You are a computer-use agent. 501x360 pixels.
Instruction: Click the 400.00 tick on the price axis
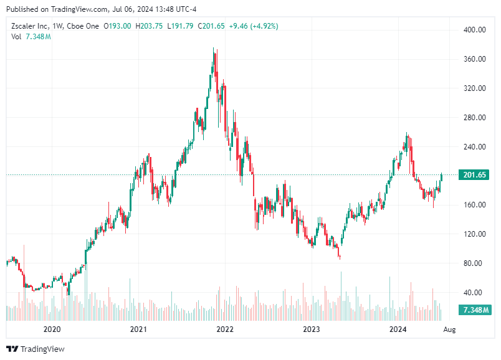click(x=474, y=30)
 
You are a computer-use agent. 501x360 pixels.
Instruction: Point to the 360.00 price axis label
click(x=474, y=59)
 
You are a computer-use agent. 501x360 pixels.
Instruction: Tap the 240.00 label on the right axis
click(x=474, y=147)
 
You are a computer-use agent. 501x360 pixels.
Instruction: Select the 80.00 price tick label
click(x=474, y=263)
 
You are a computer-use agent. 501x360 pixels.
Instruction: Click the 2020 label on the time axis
click(x=52, y=329)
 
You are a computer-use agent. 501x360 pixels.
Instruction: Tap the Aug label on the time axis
click(x=449, y=329)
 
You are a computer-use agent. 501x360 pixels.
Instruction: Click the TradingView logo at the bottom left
click(x=36, y=349)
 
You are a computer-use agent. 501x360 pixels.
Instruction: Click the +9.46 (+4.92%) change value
click(x=254, y=26)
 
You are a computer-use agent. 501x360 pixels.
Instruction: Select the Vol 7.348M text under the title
click(x=31, y=37)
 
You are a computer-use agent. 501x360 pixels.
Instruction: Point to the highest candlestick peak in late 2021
click(x=214, y=49)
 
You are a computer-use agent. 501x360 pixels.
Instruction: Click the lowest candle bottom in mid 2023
click(x=340, y=257)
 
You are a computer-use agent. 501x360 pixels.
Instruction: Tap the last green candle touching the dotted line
click(x=441, y=178)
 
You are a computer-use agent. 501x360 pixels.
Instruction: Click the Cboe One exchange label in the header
click(x=83, y=26)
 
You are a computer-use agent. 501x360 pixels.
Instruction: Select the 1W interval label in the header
click(x=58, y=26)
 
